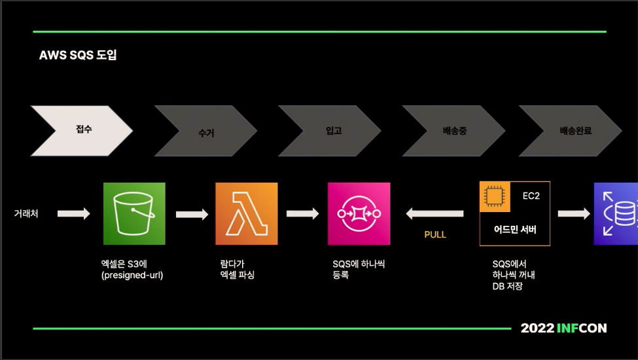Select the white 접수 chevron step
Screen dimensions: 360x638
click(x=82, y=130)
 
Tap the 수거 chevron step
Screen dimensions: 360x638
click(x=205, y=132)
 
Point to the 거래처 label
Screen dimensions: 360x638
click(x=26, y=213)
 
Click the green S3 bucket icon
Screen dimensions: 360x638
click(x=134, y=213)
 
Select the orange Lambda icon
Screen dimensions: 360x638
click(x=247, y=213)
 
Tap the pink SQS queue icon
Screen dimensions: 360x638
click(x=359, y=213)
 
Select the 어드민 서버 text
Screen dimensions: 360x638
click(x=515, y=230)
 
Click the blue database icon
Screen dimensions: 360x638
click(x=616, y=213)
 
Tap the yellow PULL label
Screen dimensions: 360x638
click(x=435, y=234)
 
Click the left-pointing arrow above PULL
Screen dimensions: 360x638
click(x=434, y=213)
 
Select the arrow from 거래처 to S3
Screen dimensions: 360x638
click(x=73, y=213)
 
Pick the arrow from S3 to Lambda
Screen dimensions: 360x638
click(x=192, y=213)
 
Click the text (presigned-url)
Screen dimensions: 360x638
click(x=132, y=276)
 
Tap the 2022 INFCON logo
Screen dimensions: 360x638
click(x=563, y=328)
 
